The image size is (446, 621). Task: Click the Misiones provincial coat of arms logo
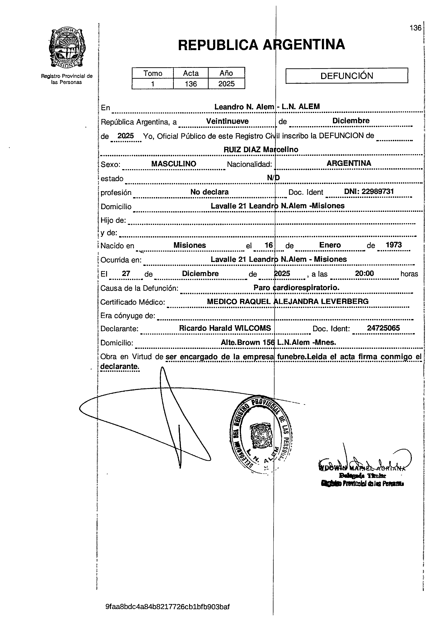point(67,49)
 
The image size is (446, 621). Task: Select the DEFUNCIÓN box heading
point(347,75)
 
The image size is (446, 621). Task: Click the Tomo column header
point(153,73)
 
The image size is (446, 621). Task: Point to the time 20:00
point(364,273)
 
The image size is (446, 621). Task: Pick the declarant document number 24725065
point(383,328)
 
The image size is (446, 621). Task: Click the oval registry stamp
point(260,436)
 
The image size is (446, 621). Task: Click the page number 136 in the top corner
point(415,28)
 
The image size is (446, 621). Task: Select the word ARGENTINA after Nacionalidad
point(349,163)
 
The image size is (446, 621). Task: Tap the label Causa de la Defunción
point(139,288)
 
